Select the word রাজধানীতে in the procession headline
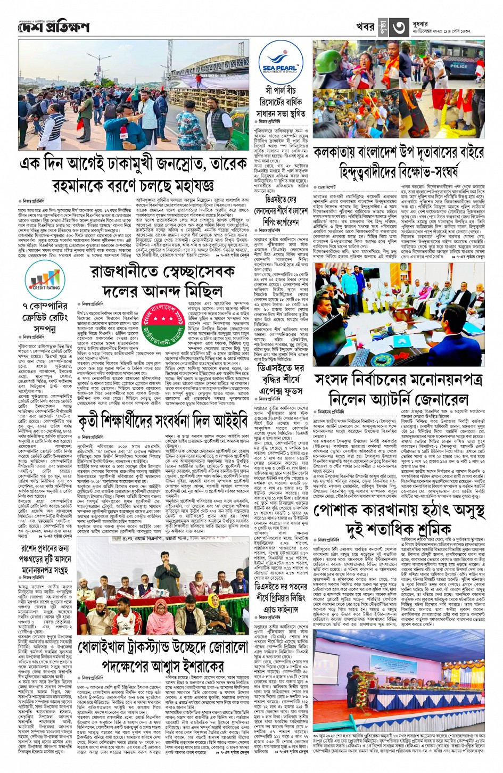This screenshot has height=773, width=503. tap(126, 272)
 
